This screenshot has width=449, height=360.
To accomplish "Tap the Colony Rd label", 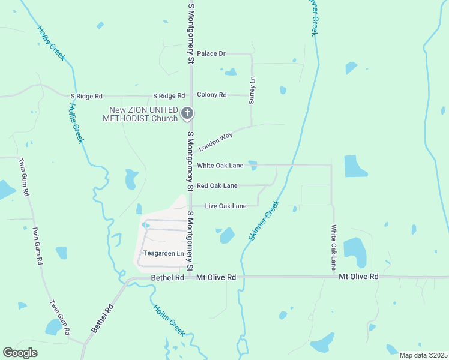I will pos(212,95).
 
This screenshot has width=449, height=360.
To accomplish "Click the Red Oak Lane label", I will pos(217,185).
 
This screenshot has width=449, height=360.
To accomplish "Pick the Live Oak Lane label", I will pos(226,206).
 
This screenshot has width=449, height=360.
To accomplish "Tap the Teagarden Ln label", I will pos(163,253).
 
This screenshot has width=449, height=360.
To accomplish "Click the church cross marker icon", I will pos(187,113).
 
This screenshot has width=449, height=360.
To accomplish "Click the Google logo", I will pos(20,353).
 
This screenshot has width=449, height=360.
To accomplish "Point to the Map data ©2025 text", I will pos(423,355).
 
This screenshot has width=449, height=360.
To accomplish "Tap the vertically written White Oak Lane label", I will pos(334,247).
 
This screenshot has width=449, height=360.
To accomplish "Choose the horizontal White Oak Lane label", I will pos(220,165).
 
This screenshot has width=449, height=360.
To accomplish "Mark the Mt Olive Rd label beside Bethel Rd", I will pos(216,278).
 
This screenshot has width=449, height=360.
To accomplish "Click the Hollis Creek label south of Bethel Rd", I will pos(169,320).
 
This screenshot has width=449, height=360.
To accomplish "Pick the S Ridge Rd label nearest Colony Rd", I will pos(169,95).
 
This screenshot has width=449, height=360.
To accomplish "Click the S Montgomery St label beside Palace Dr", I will pos(191,33).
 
